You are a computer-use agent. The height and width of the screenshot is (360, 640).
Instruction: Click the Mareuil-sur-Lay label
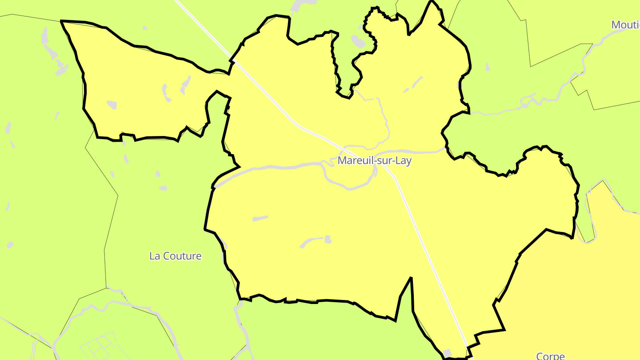pos(374,160)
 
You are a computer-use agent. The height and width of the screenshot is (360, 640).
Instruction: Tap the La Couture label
pos(175,256)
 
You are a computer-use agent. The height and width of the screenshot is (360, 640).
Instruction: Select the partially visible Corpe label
pos(550,356)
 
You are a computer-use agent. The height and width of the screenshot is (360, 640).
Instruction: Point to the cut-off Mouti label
pos(625,25)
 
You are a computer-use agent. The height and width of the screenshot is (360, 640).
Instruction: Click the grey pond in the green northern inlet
pos(358,42)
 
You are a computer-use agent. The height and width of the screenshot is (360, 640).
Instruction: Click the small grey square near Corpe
pos(448,353)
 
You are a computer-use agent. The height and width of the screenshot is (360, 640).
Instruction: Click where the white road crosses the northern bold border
pos(233,59)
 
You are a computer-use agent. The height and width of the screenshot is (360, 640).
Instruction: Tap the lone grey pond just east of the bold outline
pos(488,67)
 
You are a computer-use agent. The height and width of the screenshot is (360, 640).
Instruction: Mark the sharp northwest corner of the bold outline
pos(61,21)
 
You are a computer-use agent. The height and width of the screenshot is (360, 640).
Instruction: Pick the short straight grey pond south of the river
pos(260,218)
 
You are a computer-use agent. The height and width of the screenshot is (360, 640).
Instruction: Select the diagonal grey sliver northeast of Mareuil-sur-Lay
pos(416,82)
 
